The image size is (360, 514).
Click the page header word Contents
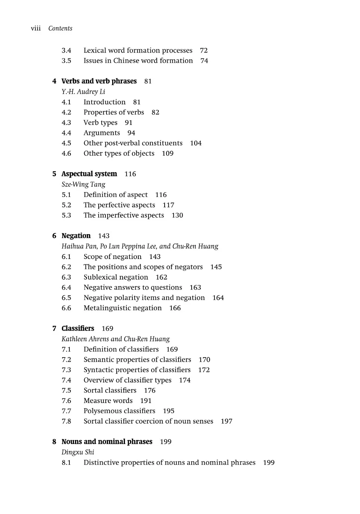tap(60, 29)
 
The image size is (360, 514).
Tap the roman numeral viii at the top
tap(36, 29)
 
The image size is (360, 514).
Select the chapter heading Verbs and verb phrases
tap(99, 81)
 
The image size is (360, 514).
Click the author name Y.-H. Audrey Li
tap(83, 92)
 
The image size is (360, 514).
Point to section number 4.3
tap(66, 123)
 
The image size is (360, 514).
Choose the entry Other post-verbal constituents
tap(133, 143)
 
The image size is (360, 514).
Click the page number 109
tap(168, 153)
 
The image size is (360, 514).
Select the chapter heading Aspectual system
tap(89, 174)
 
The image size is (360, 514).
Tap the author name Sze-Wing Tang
tap(83, 184)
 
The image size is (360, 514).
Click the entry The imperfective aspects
tap(124, 215)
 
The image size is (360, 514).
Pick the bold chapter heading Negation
tap(76, 236)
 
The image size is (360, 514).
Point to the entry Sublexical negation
tap(116, 277)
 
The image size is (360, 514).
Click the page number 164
tap(218, 298)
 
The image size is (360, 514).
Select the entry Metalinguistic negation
tap(123, 308)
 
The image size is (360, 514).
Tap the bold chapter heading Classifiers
tap(78, 328)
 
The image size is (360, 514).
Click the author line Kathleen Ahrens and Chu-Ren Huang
tap(115, 339)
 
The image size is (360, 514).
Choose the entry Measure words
tap(108, 401)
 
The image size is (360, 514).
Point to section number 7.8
tap(66, 421)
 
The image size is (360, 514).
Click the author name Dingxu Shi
tap(78, 452)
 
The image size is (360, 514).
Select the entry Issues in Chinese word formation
tap(138, 61)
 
